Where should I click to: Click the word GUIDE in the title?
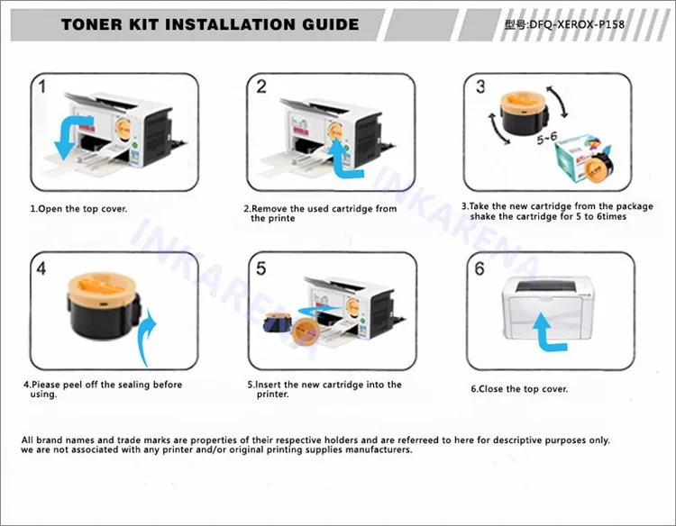pyautogui.click(x=330, y=24)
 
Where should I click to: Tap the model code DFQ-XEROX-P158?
pyautogui.click(x=577, y=24)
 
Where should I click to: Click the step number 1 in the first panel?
pyautogui.click(x=41, y=86)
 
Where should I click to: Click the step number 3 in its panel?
pyautogui.click(x=480, y=86)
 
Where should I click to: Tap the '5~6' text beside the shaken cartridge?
pyautogui.click(x=547, y=139)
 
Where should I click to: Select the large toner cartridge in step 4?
pyautogui.click(x=104, y=305)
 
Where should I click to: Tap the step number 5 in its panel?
pyautogui.click(x=260, y=268)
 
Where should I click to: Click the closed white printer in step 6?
pyautogui.click(x=548, y=307)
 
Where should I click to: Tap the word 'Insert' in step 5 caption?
pyautogui.click(x=269, y=385)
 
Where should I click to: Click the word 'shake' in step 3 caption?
pyautogui.click(x=483, y=216)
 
